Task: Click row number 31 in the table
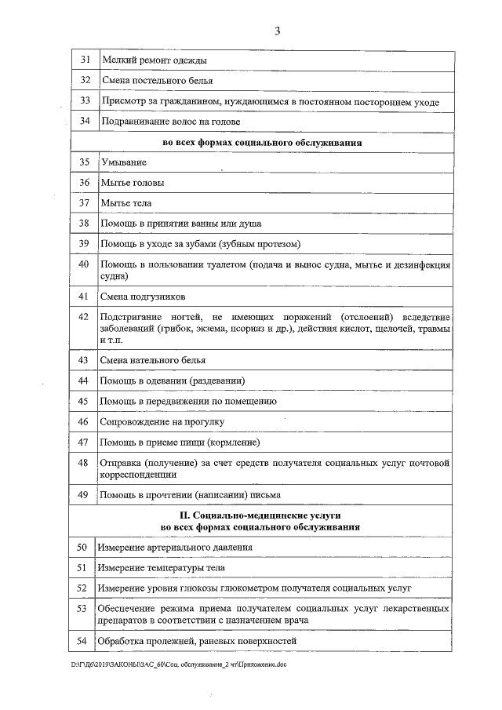pyautogui.click(x=85, y=60)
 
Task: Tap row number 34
pyautogui.click(x=85, y=122)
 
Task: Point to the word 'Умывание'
pyautogui.click(x=123, y=162)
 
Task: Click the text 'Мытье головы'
pyautogui.click(x=133, y=182)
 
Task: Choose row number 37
pyautogui.click(x=85, y=202)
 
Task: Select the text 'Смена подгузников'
pyautogui.click(x=144, y=297)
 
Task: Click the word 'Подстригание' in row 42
pyautogui.click(x=133, y=316)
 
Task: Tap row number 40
pyautogui.click(x=85, y=264)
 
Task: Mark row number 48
pyautogui.click(x=85, y=462)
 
